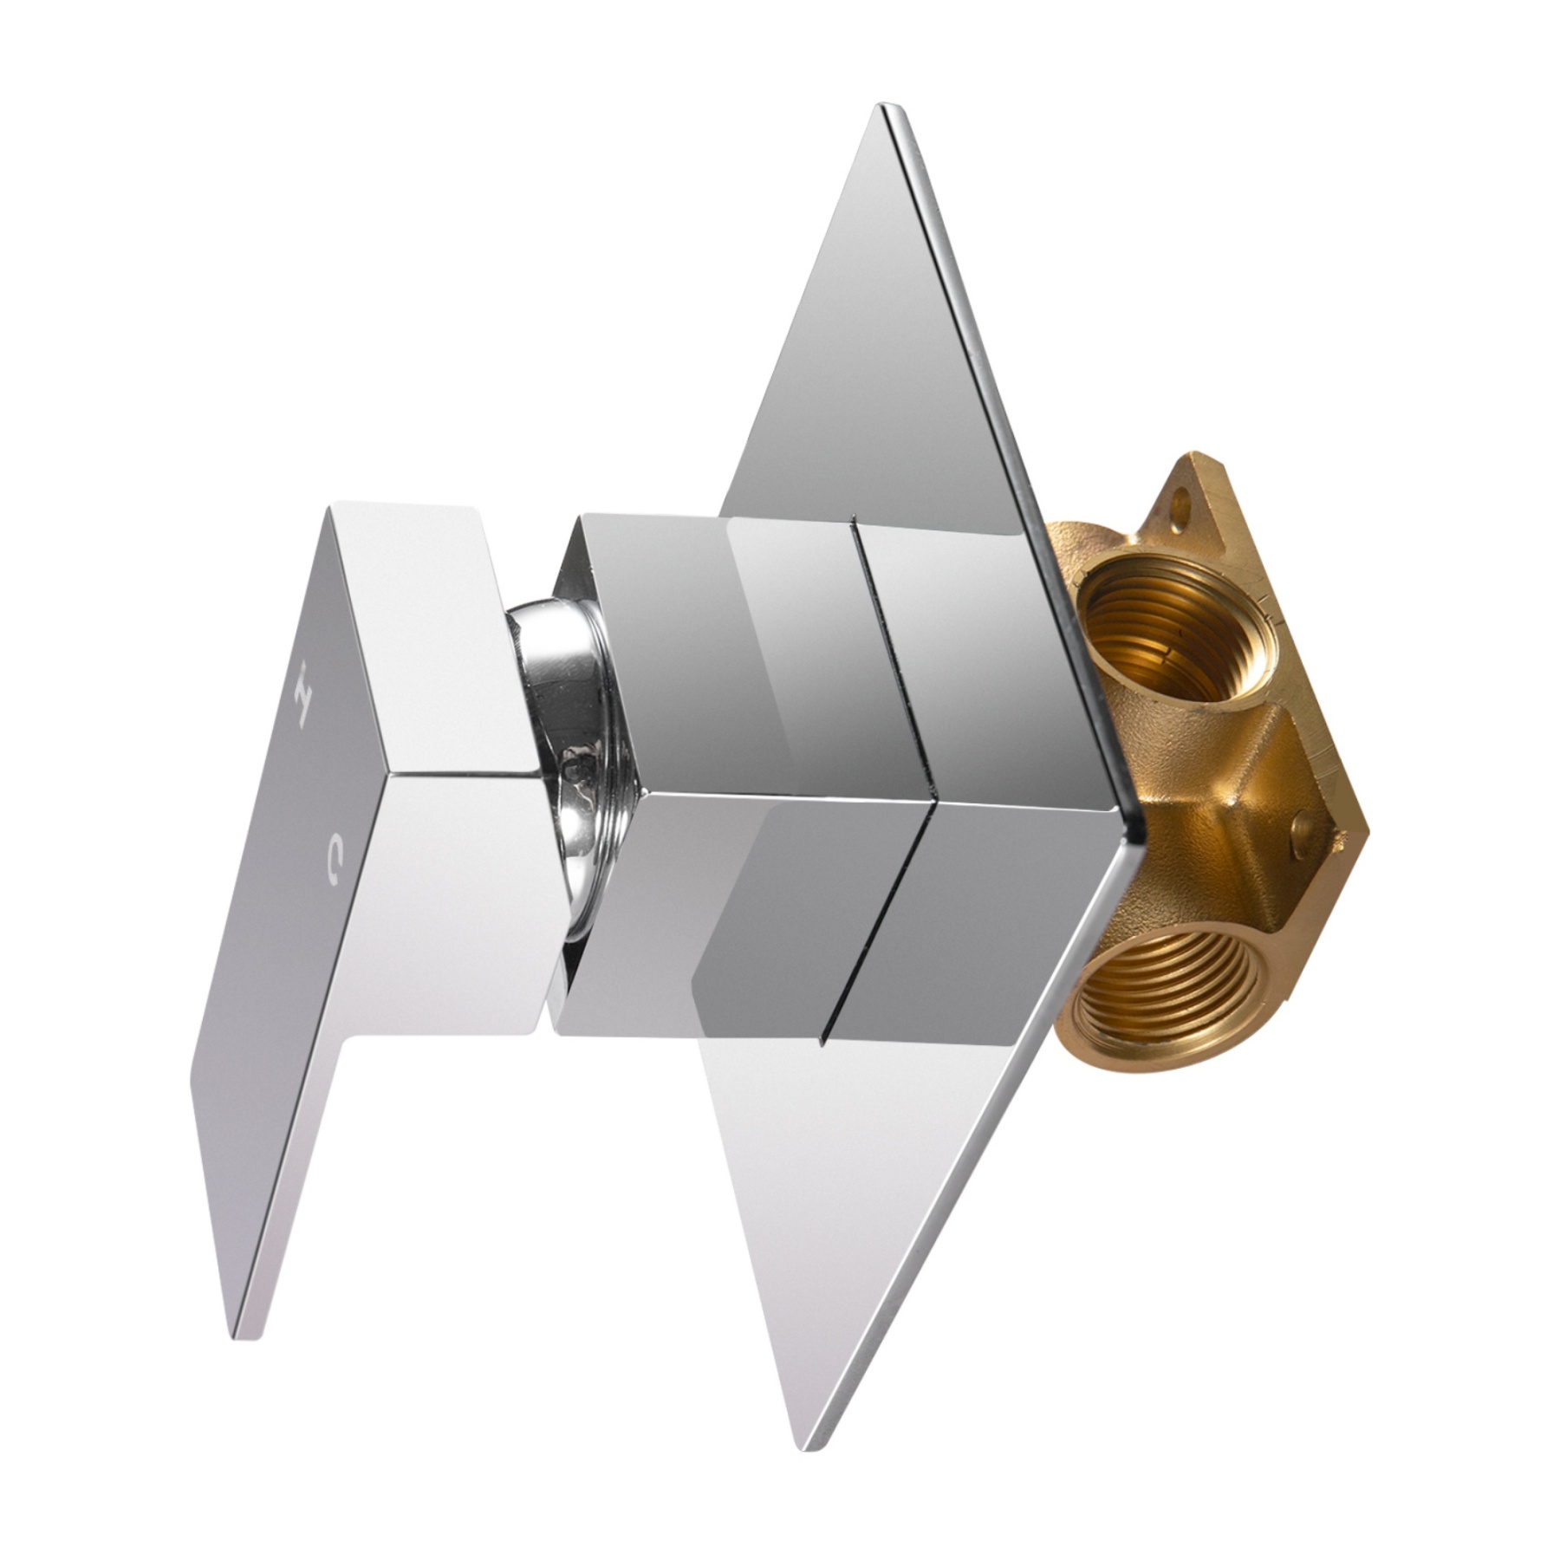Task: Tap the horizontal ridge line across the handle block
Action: click(x=459, y=771)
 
